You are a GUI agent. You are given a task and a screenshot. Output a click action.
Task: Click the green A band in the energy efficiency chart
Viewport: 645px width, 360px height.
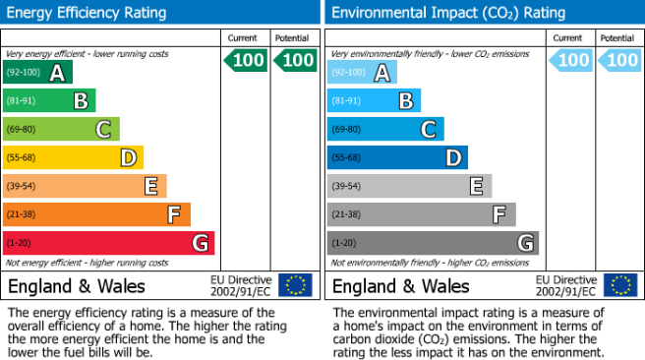[x=37, y=72]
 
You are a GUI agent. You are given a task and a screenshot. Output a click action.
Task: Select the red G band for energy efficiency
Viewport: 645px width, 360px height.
[x=108, y=243]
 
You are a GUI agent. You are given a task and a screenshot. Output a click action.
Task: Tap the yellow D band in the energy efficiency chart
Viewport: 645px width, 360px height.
[x=73, y=157]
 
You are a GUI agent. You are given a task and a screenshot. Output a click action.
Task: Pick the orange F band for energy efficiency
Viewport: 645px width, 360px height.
[x=96, y=214]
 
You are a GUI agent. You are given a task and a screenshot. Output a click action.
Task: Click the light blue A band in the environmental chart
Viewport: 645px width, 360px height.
[x=362, y=72]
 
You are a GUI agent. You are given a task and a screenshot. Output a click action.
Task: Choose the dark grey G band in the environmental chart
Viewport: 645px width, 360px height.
[x=433, y=243]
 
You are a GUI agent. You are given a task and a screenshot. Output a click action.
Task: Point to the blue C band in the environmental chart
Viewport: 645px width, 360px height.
[x=385, y=129]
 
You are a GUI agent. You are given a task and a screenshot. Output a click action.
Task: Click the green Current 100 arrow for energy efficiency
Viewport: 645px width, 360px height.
[x=246, y=60]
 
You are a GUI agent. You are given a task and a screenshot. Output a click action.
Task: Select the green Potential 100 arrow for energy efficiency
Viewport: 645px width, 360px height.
[x=295, y=60]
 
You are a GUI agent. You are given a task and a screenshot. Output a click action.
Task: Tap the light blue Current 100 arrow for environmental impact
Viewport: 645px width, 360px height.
[x=570, y=60]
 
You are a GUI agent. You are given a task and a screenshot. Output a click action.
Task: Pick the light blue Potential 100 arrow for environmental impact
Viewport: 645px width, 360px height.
[x=619, y=60]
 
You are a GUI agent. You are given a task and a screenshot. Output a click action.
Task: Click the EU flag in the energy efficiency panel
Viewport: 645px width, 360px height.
[x=295, y=285]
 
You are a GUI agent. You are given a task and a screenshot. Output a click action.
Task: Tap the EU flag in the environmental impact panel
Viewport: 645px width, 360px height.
[x=620, y=285]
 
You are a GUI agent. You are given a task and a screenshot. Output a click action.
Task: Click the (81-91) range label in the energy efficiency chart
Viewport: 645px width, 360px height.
[x=21, y=100]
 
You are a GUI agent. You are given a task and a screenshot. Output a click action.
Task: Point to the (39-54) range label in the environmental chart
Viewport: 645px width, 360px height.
[x=346, y=186]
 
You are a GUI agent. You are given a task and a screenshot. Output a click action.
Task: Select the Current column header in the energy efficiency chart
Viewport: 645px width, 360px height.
[x=242, y=38]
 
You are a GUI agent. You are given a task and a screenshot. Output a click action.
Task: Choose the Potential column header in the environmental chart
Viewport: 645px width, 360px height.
[x=617, y=38]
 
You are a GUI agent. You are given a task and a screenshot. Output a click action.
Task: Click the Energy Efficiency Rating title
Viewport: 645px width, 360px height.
[x=87, y=13]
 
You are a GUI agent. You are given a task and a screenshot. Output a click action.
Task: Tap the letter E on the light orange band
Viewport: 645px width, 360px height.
[x=151, y=186]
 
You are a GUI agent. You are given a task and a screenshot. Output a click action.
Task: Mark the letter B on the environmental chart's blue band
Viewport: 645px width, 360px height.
[x=406, y=100]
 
